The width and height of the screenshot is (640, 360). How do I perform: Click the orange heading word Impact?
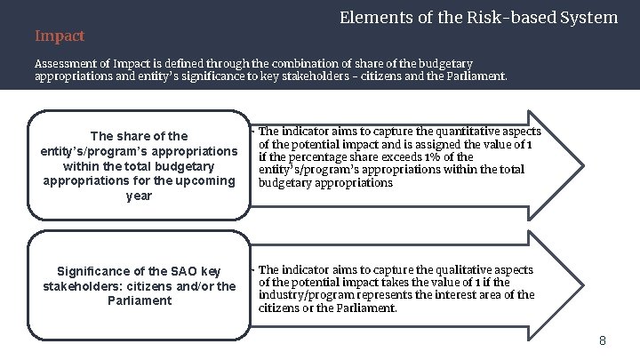pos(60,36)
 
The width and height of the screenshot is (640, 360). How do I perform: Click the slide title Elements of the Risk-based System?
pos(479,17)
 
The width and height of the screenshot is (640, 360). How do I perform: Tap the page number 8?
pos(602,340)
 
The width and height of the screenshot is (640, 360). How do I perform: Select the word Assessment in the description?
pos(63,64)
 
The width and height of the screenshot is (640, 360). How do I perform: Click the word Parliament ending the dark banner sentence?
pos(478,76)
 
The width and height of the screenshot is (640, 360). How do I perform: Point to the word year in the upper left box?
pos(140,196)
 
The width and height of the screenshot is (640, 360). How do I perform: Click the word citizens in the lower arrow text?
pos(278,308)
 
